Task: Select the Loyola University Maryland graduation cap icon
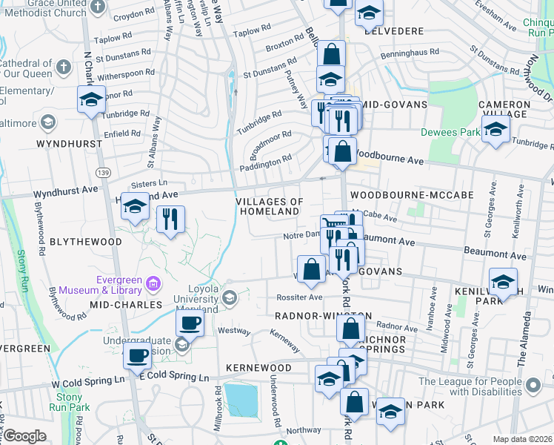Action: click(x=229, y=297)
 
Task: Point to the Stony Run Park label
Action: click(x=70, y=403)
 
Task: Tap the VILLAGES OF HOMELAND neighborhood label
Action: click(x=270, y=206)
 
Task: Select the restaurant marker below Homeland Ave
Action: click(x=170, y=219)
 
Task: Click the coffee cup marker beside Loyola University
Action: click(x=190, y=323)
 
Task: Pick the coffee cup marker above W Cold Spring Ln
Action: click(x=138, y=355)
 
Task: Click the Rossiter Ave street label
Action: click(x=299, y=297)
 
